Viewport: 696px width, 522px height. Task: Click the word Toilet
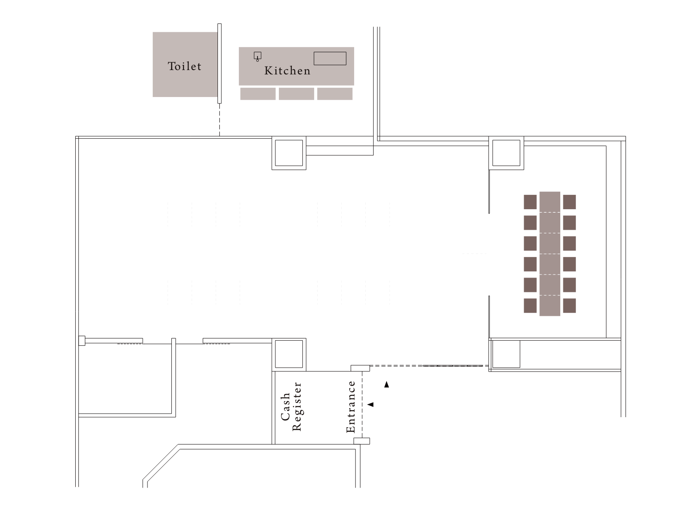(184, 66)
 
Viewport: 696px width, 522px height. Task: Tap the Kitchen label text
(288, 71)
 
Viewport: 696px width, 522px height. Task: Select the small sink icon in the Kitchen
(258, 57)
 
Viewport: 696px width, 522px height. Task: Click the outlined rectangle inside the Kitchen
(330, 58)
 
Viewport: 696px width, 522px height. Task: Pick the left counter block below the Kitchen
(258, 94)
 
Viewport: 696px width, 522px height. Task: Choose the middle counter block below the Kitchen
(296, 94)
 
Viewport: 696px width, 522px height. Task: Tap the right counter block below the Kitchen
(335, 94)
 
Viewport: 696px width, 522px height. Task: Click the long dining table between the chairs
(549, 254)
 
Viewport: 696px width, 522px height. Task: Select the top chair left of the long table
(530, 202)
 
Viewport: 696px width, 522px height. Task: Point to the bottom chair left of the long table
(530, 306)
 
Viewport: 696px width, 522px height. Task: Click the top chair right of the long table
(569, 202)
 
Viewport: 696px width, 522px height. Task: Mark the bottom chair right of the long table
(569, 306)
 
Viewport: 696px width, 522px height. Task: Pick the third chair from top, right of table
(569, 244)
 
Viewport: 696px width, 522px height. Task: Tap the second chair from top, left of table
(530, 223)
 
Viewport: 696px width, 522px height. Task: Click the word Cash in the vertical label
(285, 407)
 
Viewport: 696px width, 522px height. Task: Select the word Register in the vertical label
(297, 407)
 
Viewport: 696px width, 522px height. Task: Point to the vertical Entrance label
(351, 407)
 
